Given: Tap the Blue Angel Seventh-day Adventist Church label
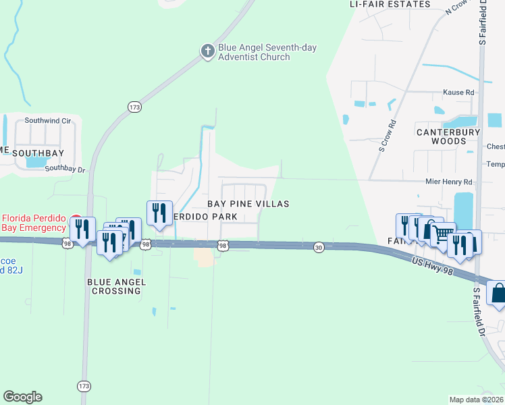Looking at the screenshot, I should [x=267, y=53].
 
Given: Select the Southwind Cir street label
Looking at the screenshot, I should [x=48, y=121].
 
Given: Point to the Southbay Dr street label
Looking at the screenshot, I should [x=65, y=169].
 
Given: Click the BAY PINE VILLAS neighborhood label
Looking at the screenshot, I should [x=248, y=204].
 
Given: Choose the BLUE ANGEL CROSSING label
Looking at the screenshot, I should [x=114, y=286].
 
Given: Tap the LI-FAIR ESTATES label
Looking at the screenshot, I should [x=390, y=4].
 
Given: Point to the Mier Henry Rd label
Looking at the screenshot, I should [x=448, y=182].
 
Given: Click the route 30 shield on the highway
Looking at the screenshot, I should [x=318, y=248].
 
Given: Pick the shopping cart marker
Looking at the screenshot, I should [x=443, y=234].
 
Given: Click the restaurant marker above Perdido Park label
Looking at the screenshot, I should [x=160, y=213].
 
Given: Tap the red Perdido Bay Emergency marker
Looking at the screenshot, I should [x=76, y=222].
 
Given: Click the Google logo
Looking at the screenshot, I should [x=22, y=397].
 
